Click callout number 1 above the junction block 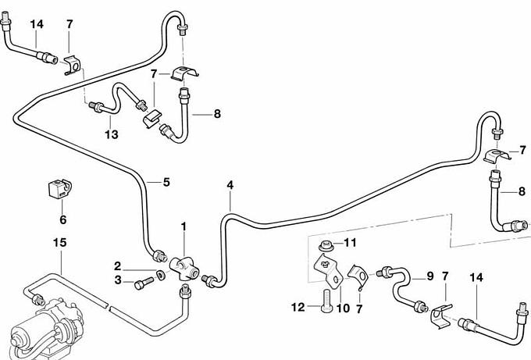point(184,227)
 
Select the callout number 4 point(230,185)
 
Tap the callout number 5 point(166,183)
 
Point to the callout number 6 point(63,220)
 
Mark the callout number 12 point(298,308)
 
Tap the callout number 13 point(112,135)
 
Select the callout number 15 point(60,243)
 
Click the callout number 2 point(118,266)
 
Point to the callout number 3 point(118,281)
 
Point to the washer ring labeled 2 point(160,274)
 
